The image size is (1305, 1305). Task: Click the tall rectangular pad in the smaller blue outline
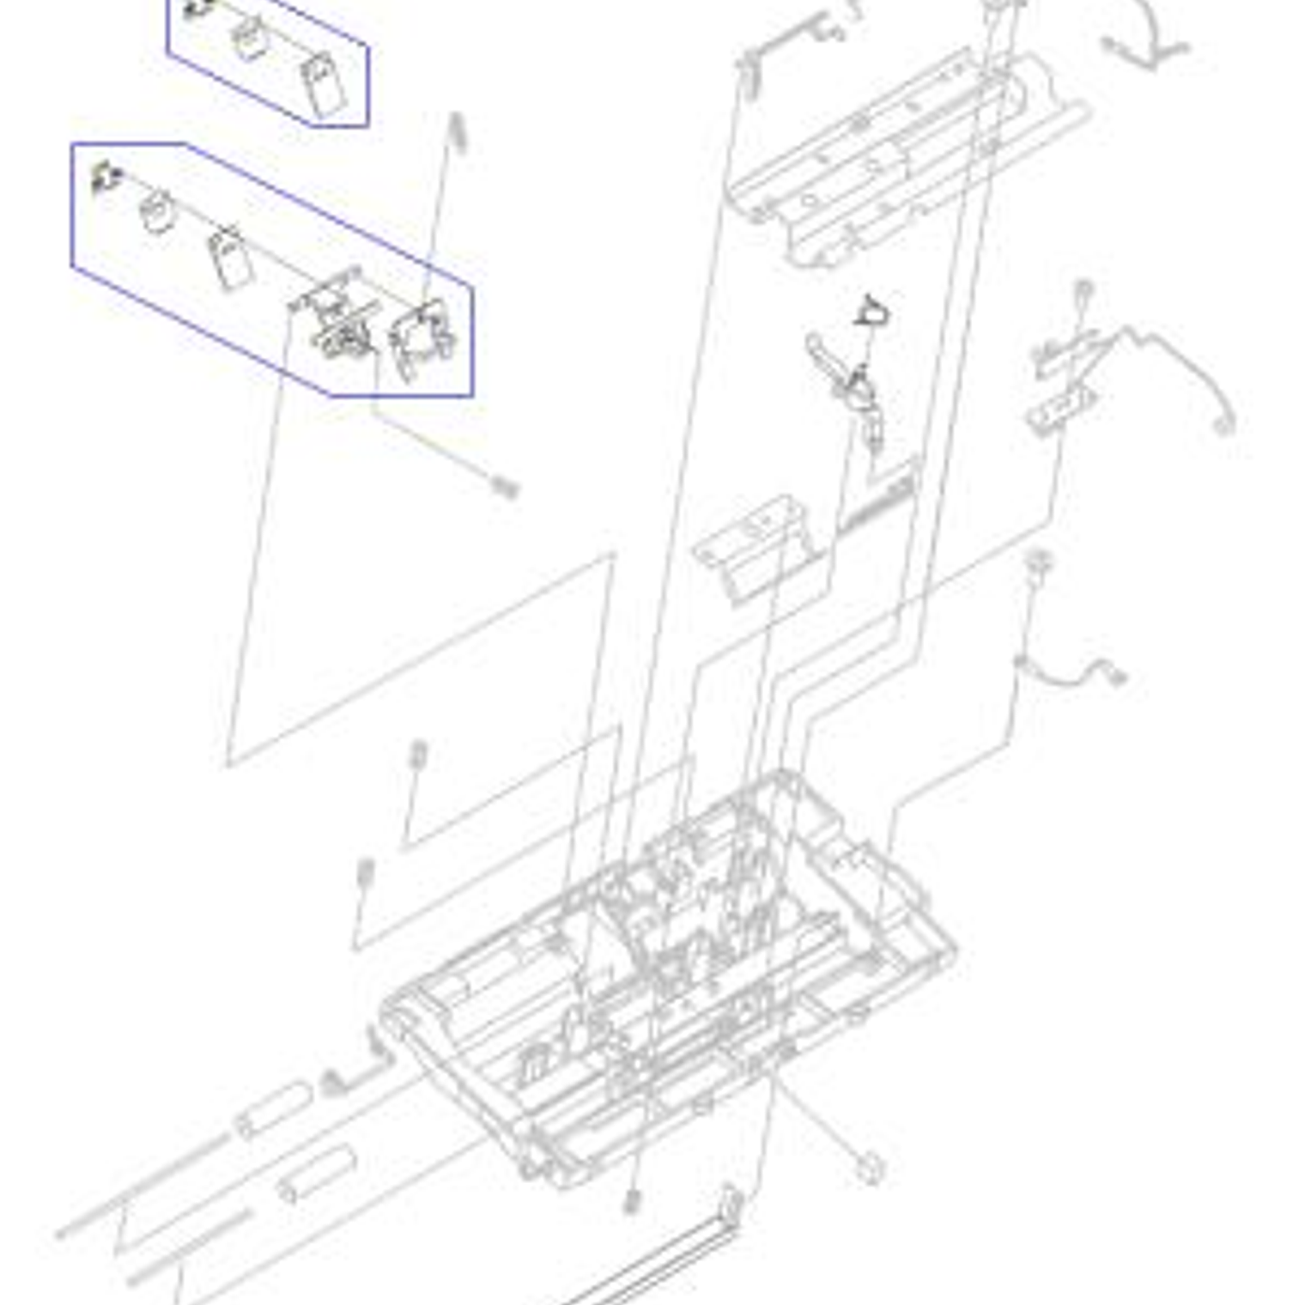click(x=324, y=87)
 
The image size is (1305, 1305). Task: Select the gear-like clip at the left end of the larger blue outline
click(x=106, y=178)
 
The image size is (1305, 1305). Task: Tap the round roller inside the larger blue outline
click(x=157, y=212)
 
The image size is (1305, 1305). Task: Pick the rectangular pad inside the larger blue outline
click(x=229, y=258)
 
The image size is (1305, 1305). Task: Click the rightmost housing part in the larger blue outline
click(x=420, y=343)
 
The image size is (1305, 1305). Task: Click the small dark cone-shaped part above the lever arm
click(x=873, y=311)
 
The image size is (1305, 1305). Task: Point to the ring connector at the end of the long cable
click(x=1223, y=424)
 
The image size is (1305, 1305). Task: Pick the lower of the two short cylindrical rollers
click(x=316, y=1174)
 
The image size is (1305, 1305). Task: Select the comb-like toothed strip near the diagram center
click(x=877, y=502)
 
